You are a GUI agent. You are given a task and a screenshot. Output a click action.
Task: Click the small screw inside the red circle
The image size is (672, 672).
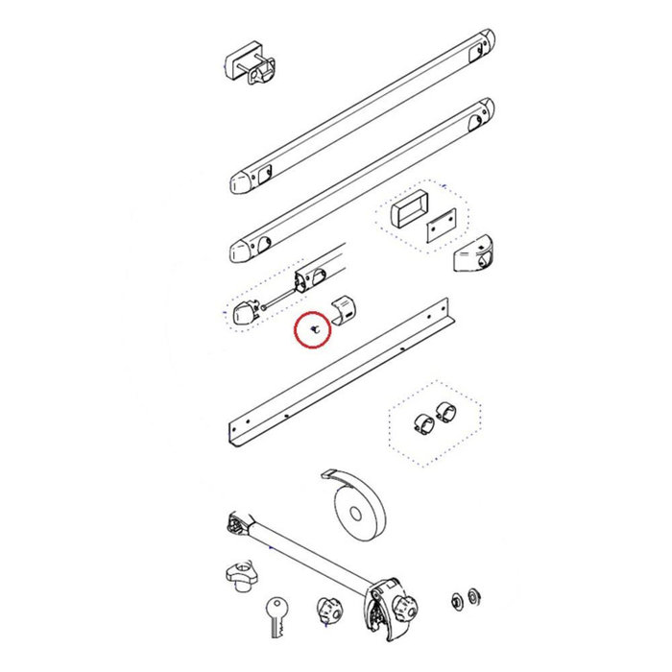pyautogui.click(x=312, y=326)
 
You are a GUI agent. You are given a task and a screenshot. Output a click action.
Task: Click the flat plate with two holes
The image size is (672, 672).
pyautogui.click(x=440, y=228)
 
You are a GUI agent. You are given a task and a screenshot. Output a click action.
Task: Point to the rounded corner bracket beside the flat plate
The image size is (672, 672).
pyautogui.click(x=474, y=255)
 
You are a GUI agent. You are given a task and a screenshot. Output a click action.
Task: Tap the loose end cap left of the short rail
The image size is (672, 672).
pyautogui.click(x=245, y=313)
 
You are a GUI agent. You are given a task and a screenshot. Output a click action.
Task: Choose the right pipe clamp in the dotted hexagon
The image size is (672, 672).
pyautogui.click(x=444, y=411)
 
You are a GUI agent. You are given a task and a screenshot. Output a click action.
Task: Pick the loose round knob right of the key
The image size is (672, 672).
pyautogui.click(x=329, y=611)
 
